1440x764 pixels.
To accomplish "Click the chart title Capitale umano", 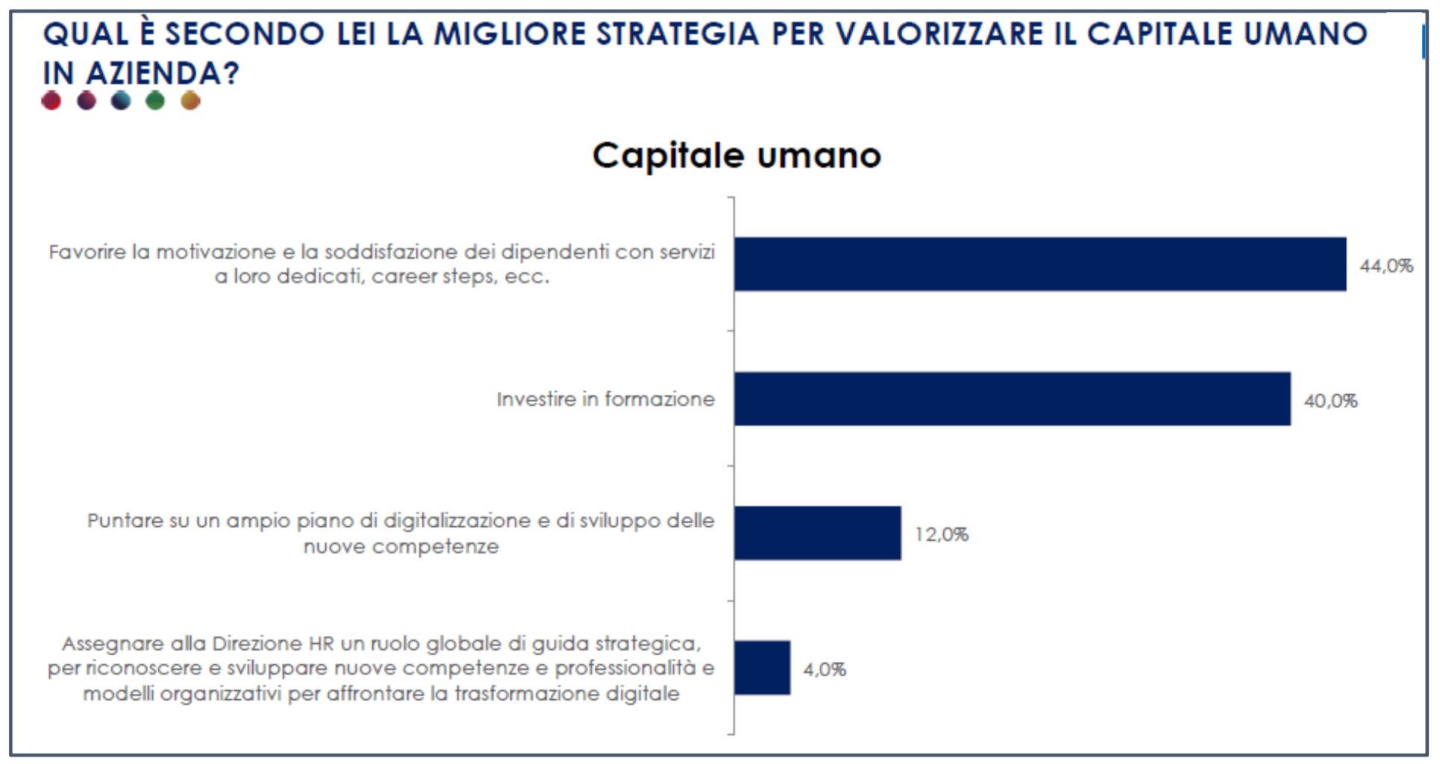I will (736, 156).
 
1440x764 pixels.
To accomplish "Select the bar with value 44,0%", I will (1040, 264).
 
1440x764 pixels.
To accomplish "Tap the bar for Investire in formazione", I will (1012, 399).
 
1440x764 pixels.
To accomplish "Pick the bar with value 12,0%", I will (817, 533).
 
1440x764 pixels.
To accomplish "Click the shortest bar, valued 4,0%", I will (762, 668).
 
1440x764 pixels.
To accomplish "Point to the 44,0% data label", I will (1386, 266).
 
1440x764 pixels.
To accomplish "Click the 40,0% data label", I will (1330, 401).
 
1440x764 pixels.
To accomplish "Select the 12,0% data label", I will (941, 535).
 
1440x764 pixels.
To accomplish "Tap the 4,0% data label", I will (824, 670).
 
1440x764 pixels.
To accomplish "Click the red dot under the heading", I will (51, 101).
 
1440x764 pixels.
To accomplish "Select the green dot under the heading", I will (155, 101).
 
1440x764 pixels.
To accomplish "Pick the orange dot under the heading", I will (190, 101).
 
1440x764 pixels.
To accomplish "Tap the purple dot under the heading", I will (87, 101).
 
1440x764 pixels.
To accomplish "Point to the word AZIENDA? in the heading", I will (163, 74).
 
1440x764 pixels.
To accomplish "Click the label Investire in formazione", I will (605, 400).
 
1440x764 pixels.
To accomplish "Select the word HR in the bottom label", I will (322, 644).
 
